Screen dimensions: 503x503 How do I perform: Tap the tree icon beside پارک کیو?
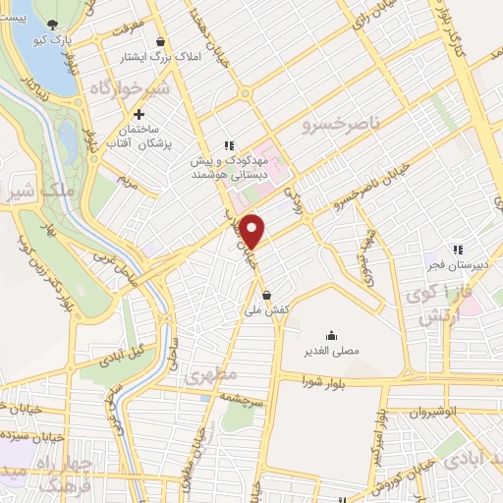[53, 25]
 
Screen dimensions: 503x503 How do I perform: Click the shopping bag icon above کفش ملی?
[267, 293]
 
